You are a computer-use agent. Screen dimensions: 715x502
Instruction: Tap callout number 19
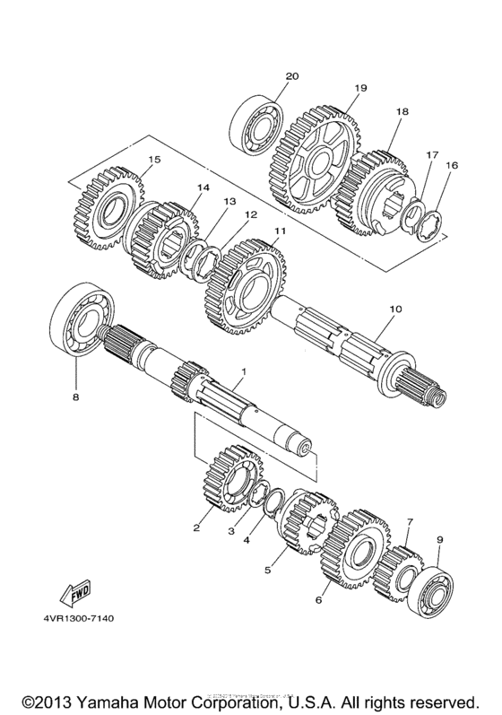360,88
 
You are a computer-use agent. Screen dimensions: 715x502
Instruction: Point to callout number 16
451,166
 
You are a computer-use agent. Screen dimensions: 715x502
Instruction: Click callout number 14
203,187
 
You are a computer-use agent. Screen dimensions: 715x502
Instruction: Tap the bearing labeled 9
433,588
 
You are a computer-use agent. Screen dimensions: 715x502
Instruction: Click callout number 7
409,521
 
